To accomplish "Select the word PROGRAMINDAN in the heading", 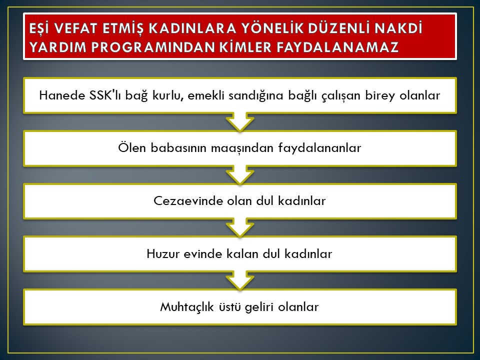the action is coord(157,47).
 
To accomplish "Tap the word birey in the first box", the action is coord(380,96).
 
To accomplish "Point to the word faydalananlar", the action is coord(319,148).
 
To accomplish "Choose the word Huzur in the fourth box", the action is coord(163,254).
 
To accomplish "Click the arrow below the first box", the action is coord(240,122).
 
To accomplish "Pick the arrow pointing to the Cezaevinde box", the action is coord(240,175).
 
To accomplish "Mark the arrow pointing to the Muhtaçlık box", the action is coord(240,280).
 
